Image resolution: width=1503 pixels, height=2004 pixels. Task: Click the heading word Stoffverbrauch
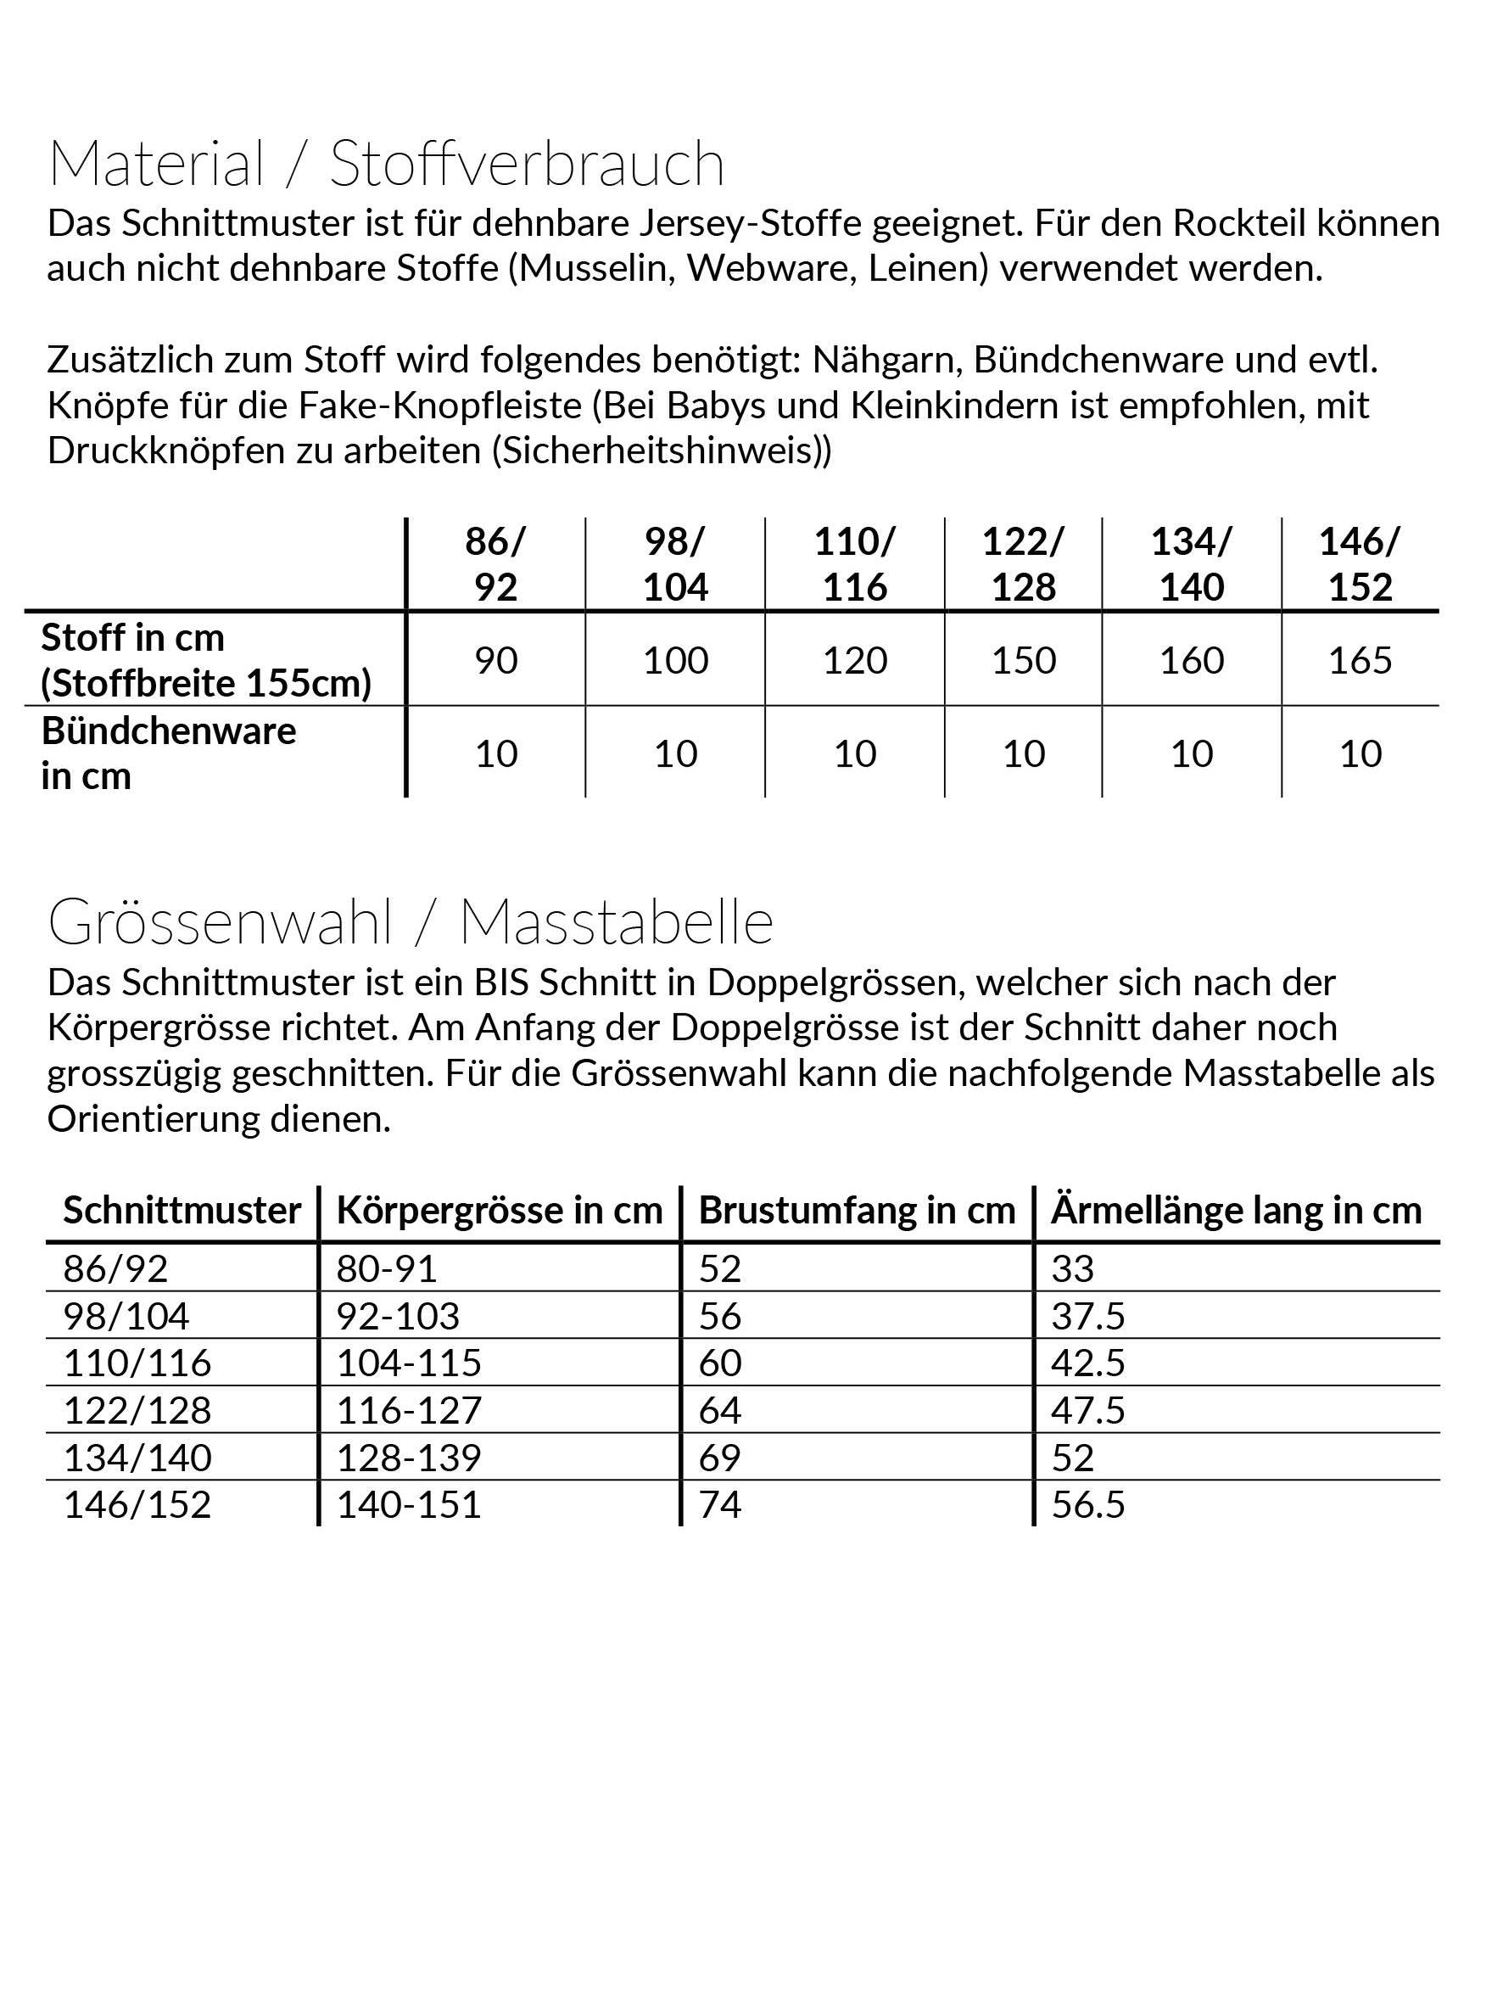527,164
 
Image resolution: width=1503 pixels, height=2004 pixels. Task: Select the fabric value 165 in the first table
1359,660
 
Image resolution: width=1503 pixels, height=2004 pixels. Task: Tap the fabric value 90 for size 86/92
495,660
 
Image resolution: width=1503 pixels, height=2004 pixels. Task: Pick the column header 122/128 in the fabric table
1023,563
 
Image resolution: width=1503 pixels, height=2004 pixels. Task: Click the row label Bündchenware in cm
169,753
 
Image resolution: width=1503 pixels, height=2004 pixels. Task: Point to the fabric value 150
1023,660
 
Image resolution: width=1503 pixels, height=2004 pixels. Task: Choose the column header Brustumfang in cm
856,1211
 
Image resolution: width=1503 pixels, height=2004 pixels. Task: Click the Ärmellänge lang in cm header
1236,1211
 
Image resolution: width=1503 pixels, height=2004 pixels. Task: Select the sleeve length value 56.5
1087,1505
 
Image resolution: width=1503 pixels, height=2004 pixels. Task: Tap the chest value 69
719,1458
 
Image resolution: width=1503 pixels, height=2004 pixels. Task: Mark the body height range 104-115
409,1363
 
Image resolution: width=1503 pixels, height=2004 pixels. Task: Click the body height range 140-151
409,1505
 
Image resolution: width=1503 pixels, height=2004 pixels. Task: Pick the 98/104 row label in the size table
126,1315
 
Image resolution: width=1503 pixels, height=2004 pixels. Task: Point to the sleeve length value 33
1073,1268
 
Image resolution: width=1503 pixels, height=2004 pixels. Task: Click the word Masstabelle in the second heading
616,922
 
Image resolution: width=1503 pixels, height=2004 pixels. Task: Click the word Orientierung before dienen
154,1120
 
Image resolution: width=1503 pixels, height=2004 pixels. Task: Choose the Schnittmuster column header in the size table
182,1211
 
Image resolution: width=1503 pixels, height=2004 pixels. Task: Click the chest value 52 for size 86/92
719,1268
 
